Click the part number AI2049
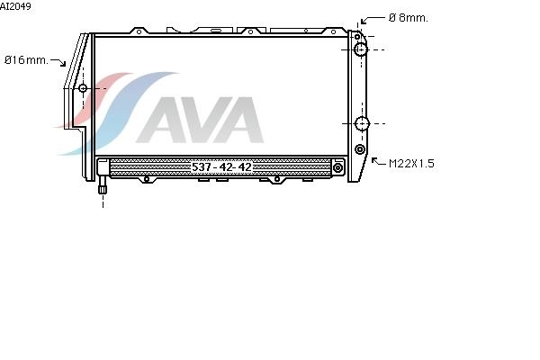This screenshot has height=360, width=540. point(15,6)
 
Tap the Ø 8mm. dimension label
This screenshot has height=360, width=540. point(408,18)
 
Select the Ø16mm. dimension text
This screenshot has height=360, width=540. point(26,60)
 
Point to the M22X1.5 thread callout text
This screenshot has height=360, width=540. point(411,163)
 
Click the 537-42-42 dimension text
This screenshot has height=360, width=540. point(221,167)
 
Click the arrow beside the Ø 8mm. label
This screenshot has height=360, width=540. point(373,20)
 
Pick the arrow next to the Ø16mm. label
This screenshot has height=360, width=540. point(58,62)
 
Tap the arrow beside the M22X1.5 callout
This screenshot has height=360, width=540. point(378,161)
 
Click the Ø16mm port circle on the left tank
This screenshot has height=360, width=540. point(83,88)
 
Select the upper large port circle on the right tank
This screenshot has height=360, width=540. point(361,49)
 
